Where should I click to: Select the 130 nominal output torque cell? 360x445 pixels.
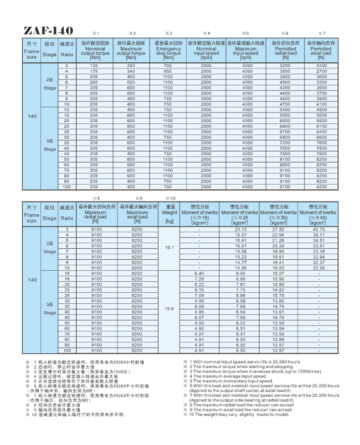[x=94, y=65]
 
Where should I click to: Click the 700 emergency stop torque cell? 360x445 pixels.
[x=168, y=65]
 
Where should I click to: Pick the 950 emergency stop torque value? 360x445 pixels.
[x=168, y=71]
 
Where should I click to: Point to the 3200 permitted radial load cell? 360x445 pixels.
[x=285, y=65]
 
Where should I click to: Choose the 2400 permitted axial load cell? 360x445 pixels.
[x=321, y=65]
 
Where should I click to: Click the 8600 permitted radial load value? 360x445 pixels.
[x=285, y=165]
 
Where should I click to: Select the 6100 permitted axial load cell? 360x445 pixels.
[x=321, y=126]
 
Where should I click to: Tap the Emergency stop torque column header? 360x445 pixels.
[x=168, y=50]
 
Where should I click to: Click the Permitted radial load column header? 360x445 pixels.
[x=286, y=50]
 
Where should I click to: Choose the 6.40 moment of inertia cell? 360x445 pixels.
[x=200, y=273]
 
